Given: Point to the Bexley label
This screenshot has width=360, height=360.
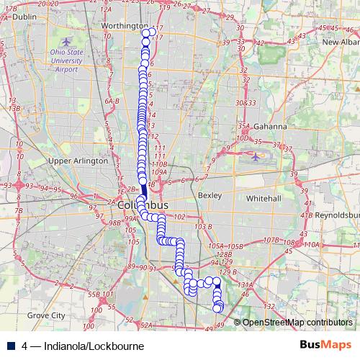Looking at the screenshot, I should (x=207, y=196).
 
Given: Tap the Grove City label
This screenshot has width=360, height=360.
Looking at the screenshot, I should (x=45, y=315).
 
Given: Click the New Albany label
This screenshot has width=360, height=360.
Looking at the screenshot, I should (x=339, y=42).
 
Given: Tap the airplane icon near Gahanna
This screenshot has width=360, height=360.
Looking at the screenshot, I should (x=257, y=154).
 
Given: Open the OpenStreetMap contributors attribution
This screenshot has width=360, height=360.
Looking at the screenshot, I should (x=297, y=323).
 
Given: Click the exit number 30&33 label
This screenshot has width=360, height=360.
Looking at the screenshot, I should (x=246, y=103).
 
